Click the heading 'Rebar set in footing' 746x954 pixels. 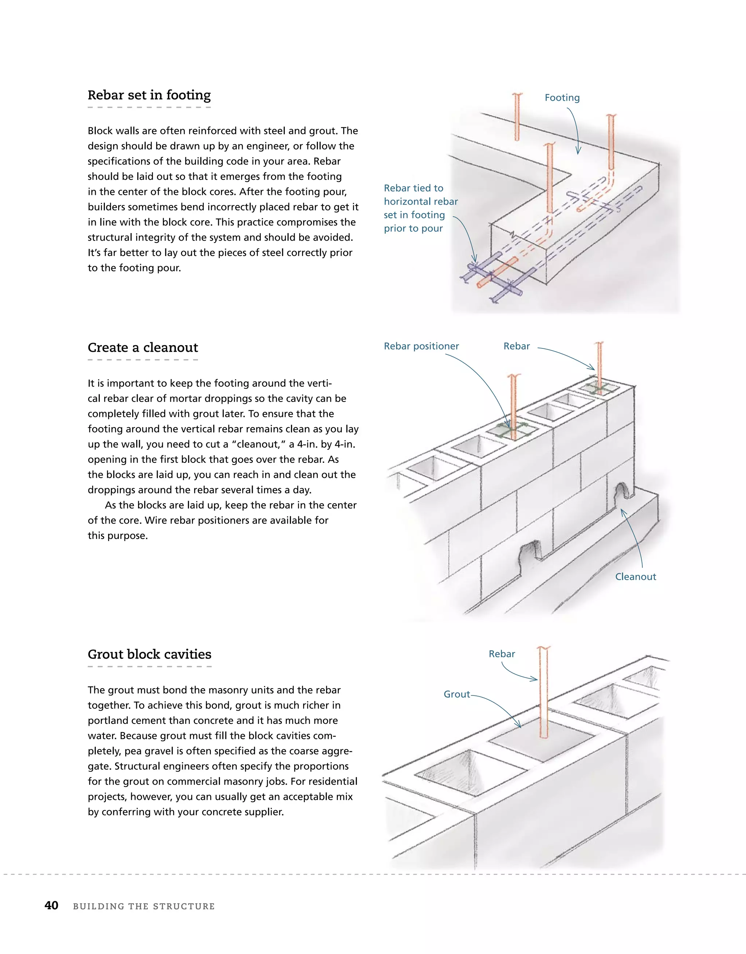(x=149, y=95)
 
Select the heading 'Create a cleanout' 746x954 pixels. (x=142, y=348)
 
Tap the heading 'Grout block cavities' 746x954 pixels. (x=149, y=654)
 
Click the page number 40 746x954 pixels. (x=52, y=906)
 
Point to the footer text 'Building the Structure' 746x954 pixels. (x=144, y=906)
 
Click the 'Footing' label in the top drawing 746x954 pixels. (x=562, y=98)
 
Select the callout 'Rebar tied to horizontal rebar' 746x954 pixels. (x=420, y=195)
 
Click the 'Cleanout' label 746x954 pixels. (x=635, y=577)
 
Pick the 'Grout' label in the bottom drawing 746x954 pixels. (x=456, y=694)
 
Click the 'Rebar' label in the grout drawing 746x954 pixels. (x=501, y=654)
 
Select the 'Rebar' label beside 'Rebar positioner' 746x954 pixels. (x=516, y=346)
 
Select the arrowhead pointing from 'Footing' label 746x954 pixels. (x=578, y=151)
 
